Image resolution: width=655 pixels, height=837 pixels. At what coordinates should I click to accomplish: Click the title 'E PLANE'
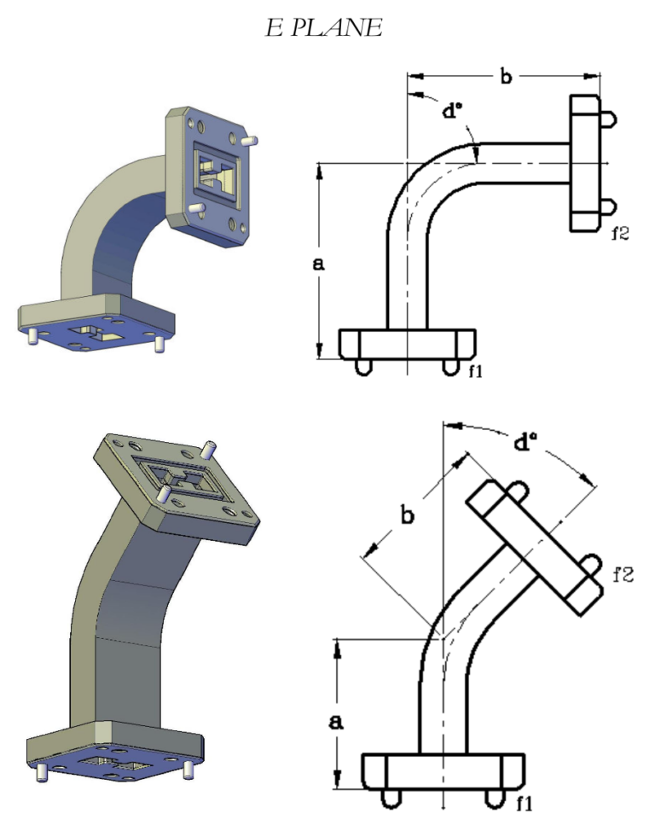coord(323,28)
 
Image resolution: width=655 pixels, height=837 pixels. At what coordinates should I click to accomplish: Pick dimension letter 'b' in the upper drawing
coord(505,78)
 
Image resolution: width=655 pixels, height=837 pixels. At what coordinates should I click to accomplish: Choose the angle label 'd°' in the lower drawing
coord(526,443)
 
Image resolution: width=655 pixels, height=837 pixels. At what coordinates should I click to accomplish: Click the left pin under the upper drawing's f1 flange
coord(362,367)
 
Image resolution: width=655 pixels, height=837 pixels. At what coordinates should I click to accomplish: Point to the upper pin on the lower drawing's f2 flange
coord(516,492)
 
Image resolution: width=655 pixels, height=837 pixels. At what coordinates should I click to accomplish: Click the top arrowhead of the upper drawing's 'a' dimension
coord(318,169)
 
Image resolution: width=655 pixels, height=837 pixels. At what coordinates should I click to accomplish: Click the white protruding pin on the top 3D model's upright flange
coord(250,137)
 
